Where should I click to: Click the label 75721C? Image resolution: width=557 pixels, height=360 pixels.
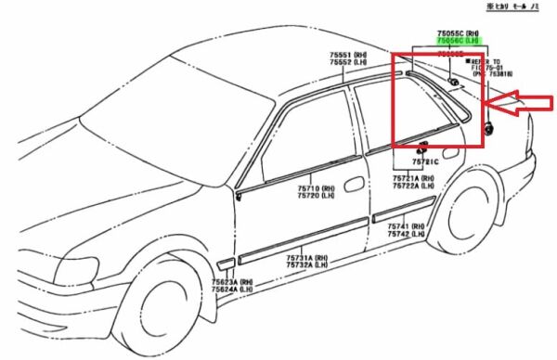[426, 162]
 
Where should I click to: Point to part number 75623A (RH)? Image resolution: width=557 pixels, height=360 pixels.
[232, 282]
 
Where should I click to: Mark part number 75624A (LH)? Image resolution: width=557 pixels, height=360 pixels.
[232, 289]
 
